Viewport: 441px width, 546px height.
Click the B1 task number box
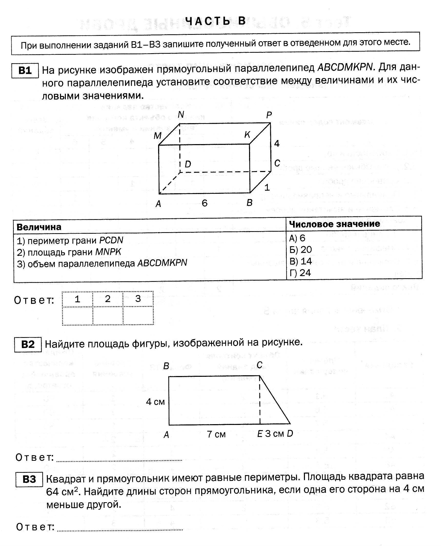click(25, 70)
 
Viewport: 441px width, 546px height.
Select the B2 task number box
click(28, 344)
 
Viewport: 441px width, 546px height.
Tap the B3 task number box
click(29, 479)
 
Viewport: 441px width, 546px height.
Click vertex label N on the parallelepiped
click(181, 115)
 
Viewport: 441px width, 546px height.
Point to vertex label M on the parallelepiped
click(157, 136)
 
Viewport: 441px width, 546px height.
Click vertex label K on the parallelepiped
click(247, 135)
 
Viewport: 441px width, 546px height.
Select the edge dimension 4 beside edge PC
click(277, 144)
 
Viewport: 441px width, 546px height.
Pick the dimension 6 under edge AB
click(204, 203)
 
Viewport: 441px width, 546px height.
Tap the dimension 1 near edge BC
click(267, 188)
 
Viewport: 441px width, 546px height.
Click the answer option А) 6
click(297, 238)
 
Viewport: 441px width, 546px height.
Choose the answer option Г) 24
click(300, 273)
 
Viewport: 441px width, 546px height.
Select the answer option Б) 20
click(300, 250)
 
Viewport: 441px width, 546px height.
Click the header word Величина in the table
click(39, 227)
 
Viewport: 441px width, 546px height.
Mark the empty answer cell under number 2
click(108, 316)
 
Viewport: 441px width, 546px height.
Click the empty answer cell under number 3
click(138, 316)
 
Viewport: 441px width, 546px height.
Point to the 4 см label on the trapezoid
click(155, 402)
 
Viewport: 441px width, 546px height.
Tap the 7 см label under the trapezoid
click(216, 434)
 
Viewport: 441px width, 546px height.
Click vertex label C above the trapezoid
click(260, 365)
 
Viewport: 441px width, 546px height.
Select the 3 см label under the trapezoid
click(274, 434)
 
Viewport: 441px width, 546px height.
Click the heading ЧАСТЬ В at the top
click(215, 21)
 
